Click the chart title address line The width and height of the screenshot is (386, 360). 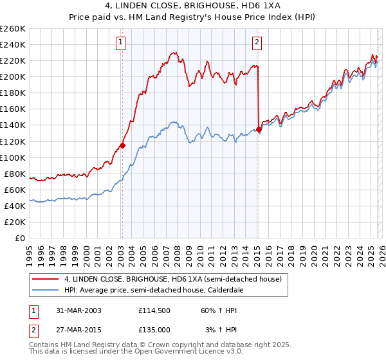193,6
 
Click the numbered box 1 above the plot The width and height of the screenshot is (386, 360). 121,43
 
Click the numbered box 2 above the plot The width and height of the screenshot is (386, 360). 257,43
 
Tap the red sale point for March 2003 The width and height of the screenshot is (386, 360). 122,145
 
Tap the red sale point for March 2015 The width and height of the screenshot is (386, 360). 259,129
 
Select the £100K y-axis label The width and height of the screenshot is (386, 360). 13,157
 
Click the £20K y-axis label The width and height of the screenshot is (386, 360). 15,222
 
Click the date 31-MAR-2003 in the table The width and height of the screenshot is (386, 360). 75,310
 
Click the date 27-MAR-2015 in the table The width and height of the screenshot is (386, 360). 75,330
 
